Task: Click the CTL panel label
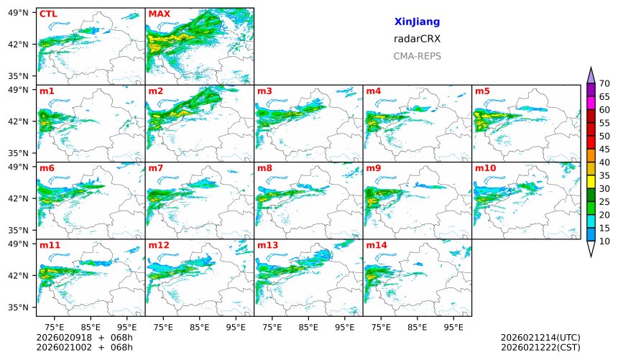pyautogui.click(x=47, y=14)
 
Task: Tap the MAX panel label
pyautogui.click(x=159, y=14)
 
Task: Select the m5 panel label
pyautogui.click(x=482, y=91)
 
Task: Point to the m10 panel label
pyautogui.click(x=485, y=168)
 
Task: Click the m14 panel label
pyautogui.click(x=376, y=245)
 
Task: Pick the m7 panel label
pyautogui.click(x=156, y=168)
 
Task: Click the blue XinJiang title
pyautogui.click(x=417, y=22)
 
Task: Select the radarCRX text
pyautogui.click(x=417, y=39)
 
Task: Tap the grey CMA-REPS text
pyautogui.click(x=417, y=56)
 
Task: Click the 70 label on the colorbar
pyautogui.click(x=604, y=84)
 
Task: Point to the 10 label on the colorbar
pyautogui.click(x=604, y=241)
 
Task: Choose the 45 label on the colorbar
pyautogui.click(x=604, y=149)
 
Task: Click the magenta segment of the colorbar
pyautogui.click(x=591, y=103)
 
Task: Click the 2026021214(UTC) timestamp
pyautogui.click(x=540, y=338)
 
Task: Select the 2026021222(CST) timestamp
pyautogui.click(x=540, y=347)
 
